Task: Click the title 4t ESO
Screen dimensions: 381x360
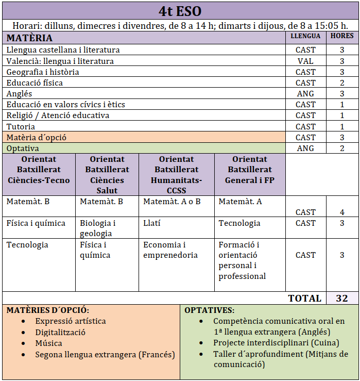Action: [180, 11]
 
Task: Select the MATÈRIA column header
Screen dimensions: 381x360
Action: [29, 38]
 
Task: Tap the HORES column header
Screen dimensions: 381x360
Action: [342, 36]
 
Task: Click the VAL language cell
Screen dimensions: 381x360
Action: [305, 61]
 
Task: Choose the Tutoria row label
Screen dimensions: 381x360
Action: [21, 126]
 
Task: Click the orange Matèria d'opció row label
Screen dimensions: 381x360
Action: [37, 138]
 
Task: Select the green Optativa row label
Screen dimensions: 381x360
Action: [23, 148]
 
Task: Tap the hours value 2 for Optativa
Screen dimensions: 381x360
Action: [342, 148]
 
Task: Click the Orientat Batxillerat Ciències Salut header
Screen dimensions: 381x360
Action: [107, 175]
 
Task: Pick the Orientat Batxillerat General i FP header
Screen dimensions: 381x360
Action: [250, 170]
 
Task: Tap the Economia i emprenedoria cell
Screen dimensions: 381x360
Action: [170, 250]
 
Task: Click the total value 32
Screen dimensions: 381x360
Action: [341, 298]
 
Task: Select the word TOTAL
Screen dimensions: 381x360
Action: [304, 298]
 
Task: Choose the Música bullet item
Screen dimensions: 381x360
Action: [49, 343]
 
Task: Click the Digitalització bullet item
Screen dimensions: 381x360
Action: [60, 332]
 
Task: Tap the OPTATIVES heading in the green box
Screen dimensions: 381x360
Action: [209, 310]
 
